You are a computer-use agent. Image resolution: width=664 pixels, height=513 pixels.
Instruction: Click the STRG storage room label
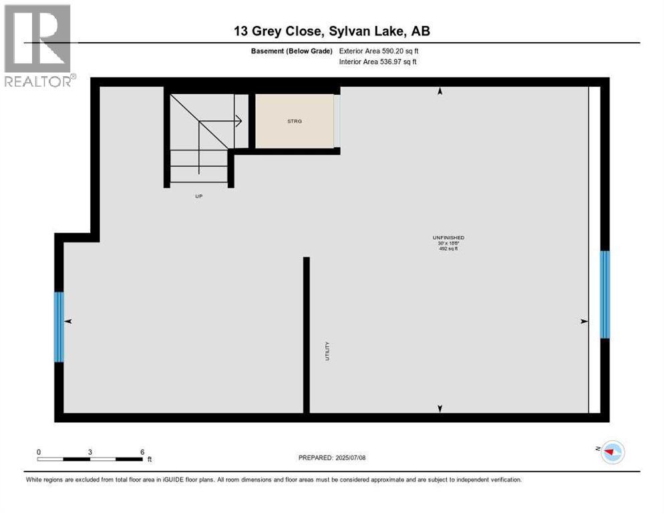coord(294,122)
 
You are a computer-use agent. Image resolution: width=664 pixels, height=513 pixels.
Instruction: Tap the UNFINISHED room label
coord(448,238)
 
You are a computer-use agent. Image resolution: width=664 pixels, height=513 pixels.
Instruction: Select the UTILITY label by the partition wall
coord(328,351)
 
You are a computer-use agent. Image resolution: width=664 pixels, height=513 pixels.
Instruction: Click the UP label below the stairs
coord(198,196)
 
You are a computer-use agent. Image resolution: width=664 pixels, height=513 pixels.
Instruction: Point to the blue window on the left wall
coord(59,327)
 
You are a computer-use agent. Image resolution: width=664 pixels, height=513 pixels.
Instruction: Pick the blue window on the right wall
coord(605,295)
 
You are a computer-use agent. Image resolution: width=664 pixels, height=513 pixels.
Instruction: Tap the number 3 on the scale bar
coord(90,452)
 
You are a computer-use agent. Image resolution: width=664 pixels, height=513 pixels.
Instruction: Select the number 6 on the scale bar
coord(142,452)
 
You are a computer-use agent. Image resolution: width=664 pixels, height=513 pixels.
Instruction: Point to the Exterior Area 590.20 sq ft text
coord(379,51)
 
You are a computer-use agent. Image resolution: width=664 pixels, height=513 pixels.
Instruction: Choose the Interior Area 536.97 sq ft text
coord(379,61)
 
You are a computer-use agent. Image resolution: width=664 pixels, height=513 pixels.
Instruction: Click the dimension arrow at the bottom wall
coord(440,408)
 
